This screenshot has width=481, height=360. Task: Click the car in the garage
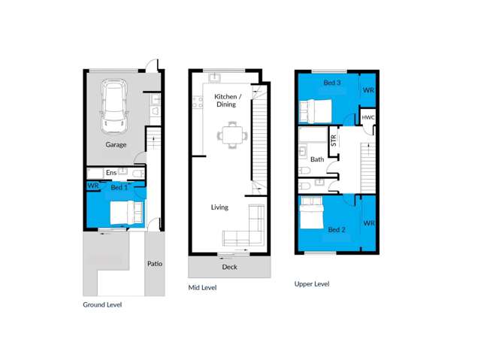click(x=114, y=107)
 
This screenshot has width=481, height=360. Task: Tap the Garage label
click(x=116, y=145)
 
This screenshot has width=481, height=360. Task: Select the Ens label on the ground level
click(x=111, y=173)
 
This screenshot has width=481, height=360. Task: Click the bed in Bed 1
click(x=126, y=213)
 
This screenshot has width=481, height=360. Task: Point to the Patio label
click(x=155, y=264)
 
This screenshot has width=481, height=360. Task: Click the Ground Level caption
click(x=102, y=304)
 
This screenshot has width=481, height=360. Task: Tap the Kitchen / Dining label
click(x=227, y=100)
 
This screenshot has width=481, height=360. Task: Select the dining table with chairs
click(x=232, y=135)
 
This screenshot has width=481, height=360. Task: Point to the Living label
click(x=219, y=207)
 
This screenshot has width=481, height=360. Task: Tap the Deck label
click(x=229, y=267)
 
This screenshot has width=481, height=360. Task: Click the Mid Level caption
click(x=202, y=288)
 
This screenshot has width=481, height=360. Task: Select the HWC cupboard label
click(x=368, y=117)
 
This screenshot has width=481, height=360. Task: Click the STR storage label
click(x=334, y=140)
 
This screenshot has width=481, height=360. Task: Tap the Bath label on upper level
click(x=317, y=159)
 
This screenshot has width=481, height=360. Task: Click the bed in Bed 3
click(x=316, y=110)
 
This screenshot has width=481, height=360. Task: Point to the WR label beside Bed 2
click(x=369, y=223)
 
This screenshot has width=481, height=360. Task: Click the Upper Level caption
click(x=312, y=284)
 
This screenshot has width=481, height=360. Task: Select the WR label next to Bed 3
click(x=368, y=90)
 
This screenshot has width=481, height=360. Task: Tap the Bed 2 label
click(x=337, y=230)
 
